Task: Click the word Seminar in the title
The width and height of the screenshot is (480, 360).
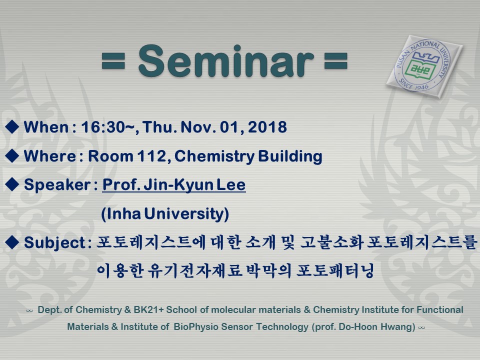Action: pos(226,61)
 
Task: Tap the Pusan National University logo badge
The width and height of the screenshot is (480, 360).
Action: pos(424,66)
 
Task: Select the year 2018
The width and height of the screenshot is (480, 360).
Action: pos(267,127)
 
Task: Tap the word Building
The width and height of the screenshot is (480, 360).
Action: pos(290,156)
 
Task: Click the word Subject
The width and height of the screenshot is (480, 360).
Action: pos(54,243)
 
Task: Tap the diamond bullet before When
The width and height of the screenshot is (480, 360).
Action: pos(12,126)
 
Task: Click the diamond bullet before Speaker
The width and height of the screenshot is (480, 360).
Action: pos(12,184)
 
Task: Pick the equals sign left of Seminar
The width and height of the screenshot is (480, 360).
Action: pos(113,61)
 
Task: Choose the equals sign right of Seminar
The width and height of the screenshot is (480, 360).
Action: pos(336,61)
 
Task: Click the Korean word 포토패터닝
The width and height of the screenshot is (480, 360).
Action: pos(335,270)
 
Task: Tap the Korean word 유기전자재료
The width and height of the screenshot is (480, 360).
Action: pos(194,270)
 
